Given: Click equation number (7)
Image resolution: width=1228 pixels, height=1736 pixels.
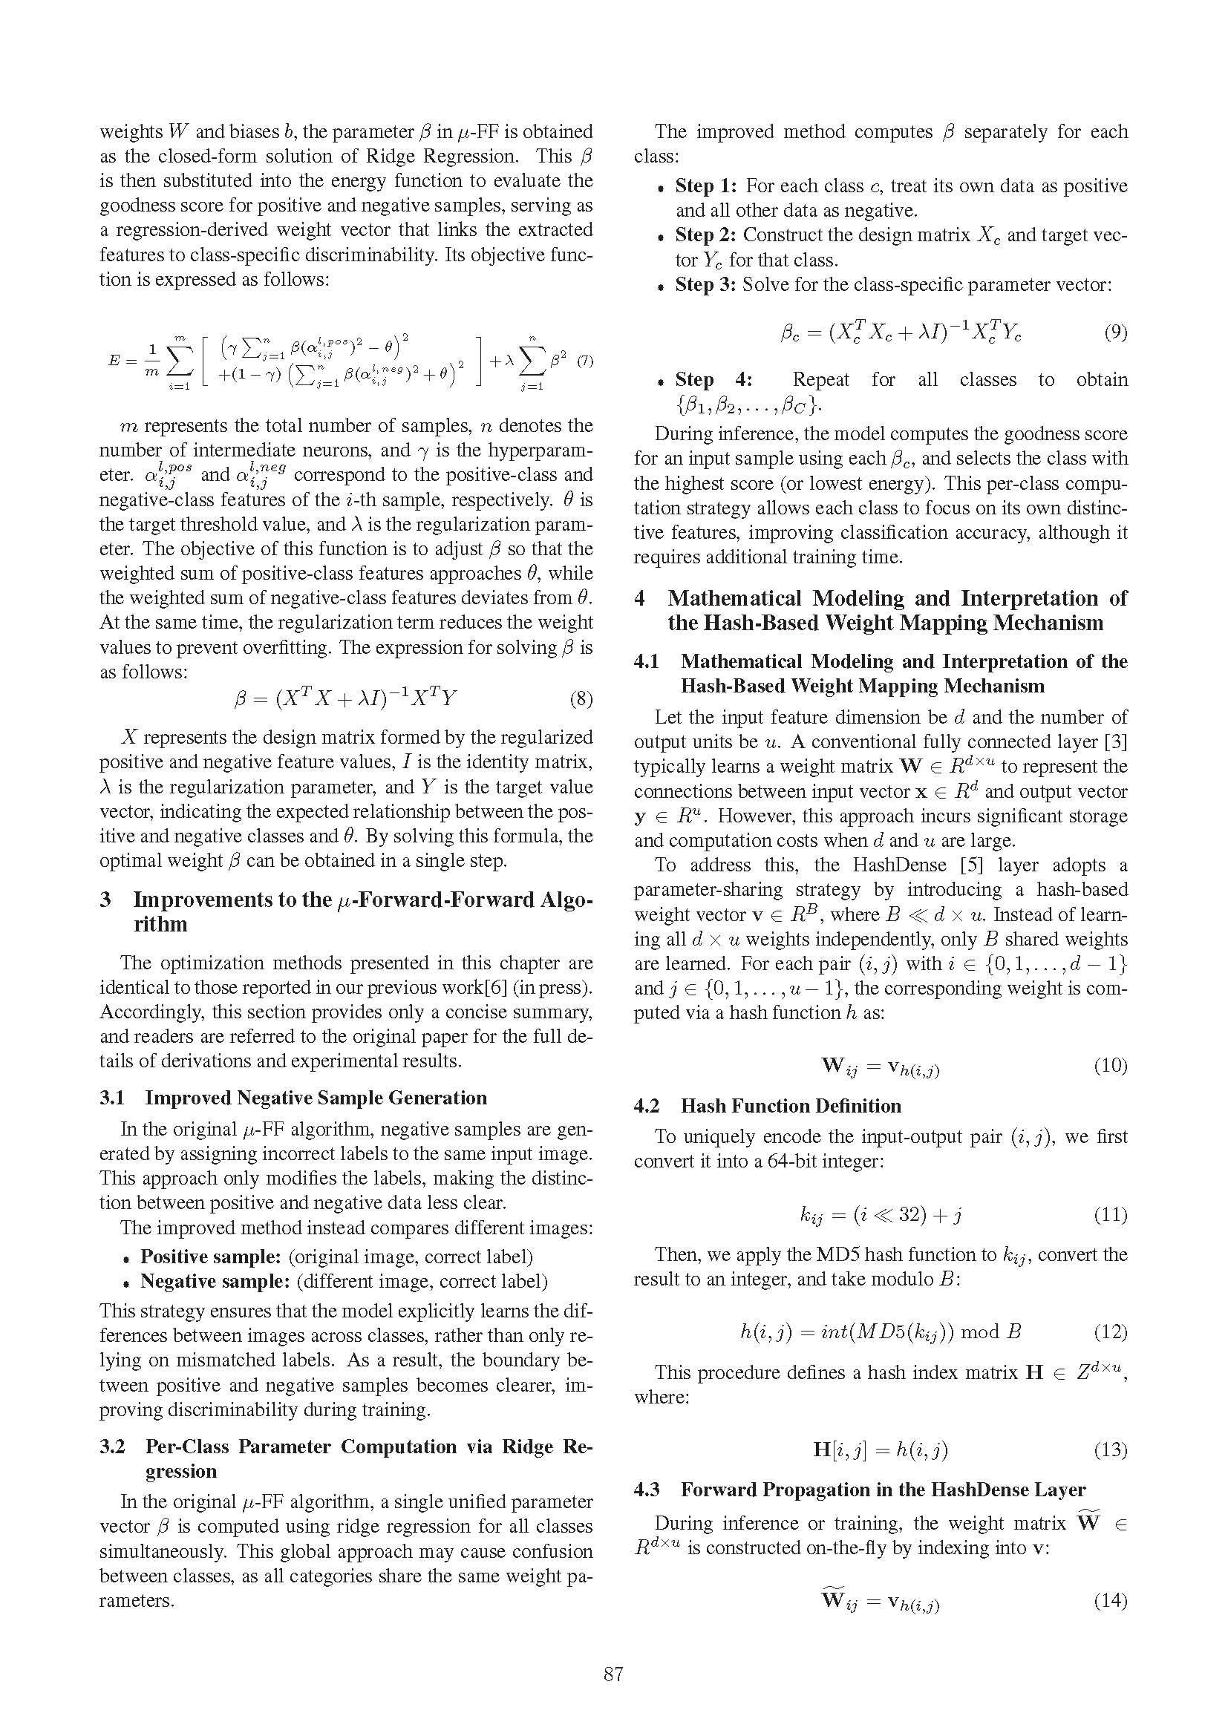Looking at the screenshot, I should coord(584,361).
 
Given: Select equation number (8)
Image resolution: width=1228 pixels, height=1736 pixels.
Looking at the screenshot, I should coord(581,698).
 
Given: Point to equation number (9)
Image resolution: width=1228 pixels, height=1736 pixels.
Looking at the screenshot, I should coord(1115,332).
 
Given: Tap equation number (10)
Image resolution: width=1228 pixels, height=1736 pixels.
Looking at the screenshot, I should coord(1110,1065).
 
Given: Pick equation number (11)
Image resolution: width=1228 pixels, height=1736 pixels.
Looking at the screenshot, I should coord(1110,1214).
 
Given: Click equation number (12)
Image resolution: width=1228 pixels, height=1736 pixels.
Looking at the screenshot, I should coord(1110,1332).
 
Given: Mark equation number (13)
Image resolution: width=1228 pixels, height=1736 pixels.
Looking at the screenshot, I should coord(1110,1450).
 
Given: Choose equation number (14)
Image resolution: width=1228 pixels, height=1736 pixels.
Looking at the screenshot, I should coord(1110,1600).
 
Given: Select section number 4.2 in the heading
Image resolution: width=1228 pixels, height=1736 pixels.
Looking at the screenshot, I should coord(647,1106).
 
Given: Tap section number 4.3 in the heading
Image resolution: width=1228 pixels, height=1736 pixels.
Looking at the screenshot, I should coord(647,1490).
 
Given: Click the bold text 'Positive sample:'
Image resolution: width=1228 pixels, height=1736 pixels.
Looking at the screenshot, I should coord(211,1257).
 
